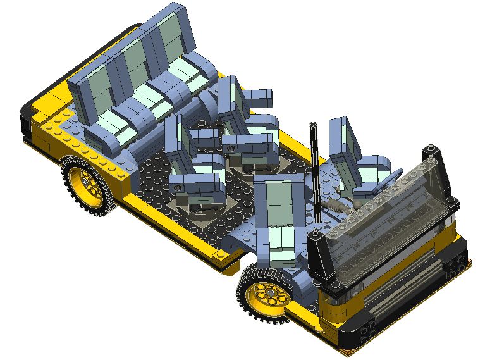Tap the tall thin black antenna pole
pos(314,171)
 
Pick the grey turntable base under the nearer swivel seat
pos(196,206)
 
